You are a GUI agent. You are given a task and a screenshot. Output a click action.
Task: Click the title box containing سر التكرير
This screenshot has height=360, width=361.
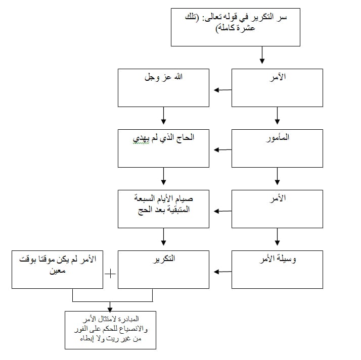click(x=236, y=27)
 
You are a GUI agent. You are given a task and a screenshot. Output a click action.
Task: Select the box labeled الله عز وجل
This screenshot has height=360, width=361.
click(x=163, y=88)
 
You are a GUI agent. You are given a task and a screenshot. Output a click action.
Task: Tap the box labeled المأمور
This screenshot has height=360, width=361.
click(x=277, y=148)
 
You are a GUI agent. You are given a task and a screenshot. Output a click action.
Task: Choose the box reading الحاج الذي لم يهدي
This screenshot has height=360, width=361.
click(x=163, y=148)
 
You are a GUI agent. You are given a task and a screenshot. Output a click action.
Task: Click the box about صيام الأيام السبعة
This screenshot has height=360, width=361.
click(x=163, y=209)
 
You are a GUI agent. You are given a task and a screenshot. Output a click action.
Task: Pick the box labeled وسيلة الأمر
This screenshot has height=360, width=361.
click(x=277, y=270)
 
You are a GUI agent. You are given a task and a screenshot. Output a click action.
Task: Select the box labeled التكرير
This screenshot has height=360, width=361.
click(x=163, y=270)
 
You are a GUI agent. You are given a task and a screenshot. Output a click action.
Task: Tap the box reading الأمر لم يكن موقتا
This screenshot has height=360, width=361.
click(x=57, y=270)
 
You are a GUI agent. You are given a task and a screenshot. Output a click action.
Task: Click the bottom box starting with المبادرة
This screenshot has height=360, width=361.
click(x=111, y=330)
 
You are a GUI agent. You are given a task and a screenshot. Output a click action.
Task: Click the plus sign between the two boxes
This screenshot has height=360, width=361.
click(x=110, y=274)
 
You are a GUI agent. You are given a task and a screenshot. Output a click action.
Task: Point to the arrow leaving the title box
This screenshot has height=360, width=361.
click(x=262, y=55)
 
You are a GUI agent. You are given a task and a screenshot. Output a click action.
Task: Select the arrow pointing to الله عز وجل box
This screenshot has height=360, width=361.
click(x=222, y=90)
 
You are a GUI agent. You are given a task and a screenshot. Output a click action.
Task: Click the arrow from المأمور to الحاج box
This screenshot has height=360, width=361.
click(x=222, y=150)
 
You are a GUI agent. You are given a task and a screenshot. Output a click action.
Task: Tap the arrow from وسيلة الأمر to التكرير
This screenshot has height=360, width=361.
click(x=222, y=272)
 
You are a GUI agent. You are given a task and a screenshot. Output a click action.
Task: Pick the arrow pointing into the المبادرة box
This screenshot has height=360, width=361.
click(x=110, y=306)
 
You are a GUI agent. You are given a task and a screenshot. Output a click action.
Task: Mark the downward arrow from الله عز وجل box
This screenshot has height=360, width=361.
click(x=163, y=116)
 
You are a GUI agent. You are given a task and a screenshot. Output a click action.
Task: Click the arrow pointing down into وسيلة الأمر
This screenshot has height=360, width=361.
click(x=277, y=237)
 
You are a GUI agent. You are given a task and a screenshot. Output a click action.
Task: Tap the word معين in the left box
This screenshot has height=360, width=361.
click(x=58, y=271)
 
